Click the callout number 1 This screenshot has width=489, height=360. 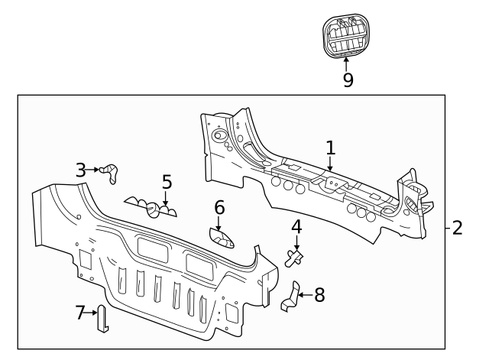click(x=330, y=147)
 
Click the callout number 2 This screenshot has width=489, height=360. click(x=457, y=227)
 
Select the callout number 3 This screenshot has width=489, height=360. click(x=80, y=170)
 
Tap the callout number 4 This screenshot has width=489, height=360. click(x=296, y=227)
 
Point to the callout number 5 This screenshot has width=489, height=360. click(x=167, y=183)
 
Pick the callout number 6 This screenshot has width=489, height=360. click(x=219, y=207)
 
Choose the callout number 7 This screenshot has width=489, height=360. click(x=79, y=312)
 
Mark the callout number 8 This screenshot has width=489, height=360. click(x=319, y=294)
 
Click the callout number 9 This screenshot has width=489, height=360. click(x=348, y=80)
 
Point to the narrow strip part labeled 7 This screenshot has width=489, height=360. click(x=102, y=319)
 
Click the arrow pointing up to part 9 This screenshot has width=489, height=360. click(x=347, y=65)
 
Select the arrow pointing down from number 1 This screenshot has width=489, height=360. click(x=330, y=163)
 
